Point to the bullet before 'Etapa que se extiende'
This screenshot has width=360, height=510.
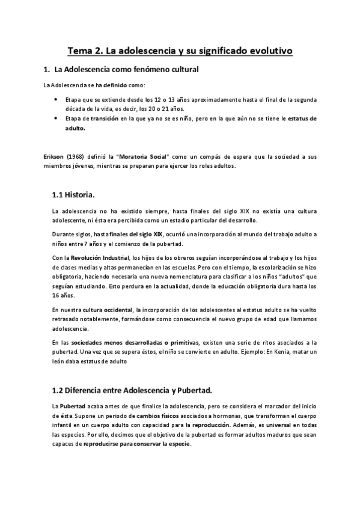point(55,99)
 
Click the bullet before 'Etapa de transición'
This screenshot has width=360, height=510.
point(55,118)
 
